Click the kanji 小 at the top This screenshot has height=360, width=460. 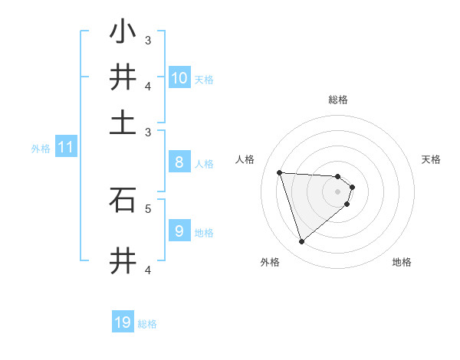coord(123,32)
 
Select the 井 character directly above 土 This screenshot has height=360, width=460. coord(123,77)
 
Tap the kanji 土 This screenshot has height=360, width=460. coord(123,123)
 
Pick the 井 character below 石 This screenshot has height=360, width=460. coord(123,260)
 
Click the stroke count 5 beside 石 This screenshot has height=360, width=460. coord(148,208)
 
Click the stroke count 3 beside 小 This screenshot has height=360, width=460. coord(148,40)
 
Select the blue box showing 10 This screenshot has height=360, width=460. coord(179,77)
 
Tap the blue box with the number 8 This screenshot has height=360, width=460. coord(179,162)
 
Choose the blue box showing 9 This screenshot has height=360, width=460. coord(179,231)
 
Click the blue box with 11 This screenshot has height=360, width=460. coord(65,147)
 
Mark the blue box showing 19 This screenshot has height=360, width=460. coord(123,322)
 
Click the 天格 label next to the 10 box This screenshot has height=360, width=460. coord(204,80)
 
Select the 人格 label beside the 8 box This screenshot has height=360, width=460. coord(204,164)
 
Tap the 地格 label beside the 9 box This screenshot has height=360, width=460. coord(204,233)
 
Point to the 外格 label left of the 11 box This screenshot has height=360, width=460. coord(40,149)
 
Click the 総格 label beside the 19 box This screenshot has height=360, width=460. coord(147,325)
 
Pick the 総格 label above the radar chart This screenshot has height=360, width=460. coord(338,100)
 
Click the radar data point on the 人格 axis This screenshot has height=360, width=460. coord(280,172)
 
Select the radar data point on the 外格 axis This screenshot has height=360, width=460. coord(301,242)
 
